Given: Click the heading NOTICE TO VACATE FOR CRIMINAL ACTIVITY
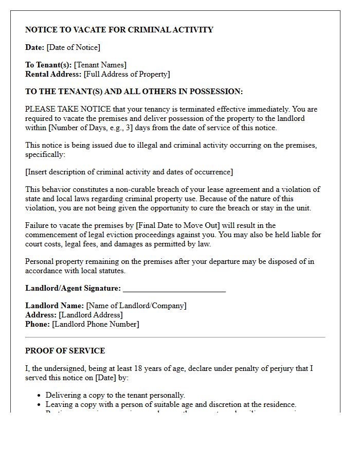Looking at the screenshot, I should coord(119,30).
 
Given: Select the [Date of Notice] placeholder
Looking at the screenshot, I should coord(73,47).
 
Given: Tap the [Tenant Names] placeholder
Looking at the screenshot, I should coord(100,65).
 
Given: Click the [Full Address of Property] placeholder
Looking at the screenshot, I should coord(127,74).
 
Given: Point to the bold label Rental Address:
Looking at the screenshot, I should coord(53,74).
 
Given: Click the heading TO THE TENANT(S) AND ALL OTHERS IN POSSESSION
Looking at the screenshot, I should coord(134,92).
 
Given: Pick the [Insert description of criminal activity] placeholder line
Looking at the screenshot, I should coord(129,172).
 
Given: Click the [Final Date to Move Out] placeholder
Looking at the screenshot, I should coord(176,225).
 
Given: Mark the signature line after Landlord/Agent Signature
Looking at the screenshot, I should coord(174,289).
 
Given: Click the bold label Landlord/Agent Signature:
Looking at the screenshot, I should coord(73,288).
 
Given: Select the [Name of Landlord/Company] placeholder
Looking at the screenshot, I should coord(136,306).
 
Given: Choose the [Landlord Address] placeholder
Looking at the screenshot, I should coord(91,315).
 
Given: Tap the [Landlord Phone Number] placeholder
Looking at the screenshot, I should coord(96,324).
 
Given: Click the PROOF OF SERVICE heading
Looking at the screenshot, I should coord(65,351).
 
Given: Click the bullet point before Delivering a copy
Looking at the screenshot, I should coord(40,396).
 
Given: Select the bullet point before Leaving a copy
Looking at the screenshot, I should coord(40,405).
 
